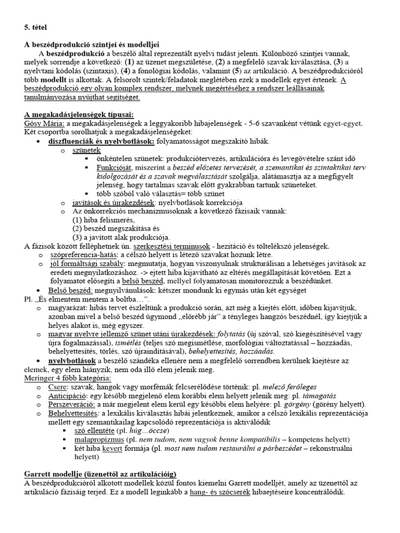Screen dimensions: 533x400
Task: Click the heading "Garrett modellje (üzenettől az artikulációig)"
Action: (x=100, y=474)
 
